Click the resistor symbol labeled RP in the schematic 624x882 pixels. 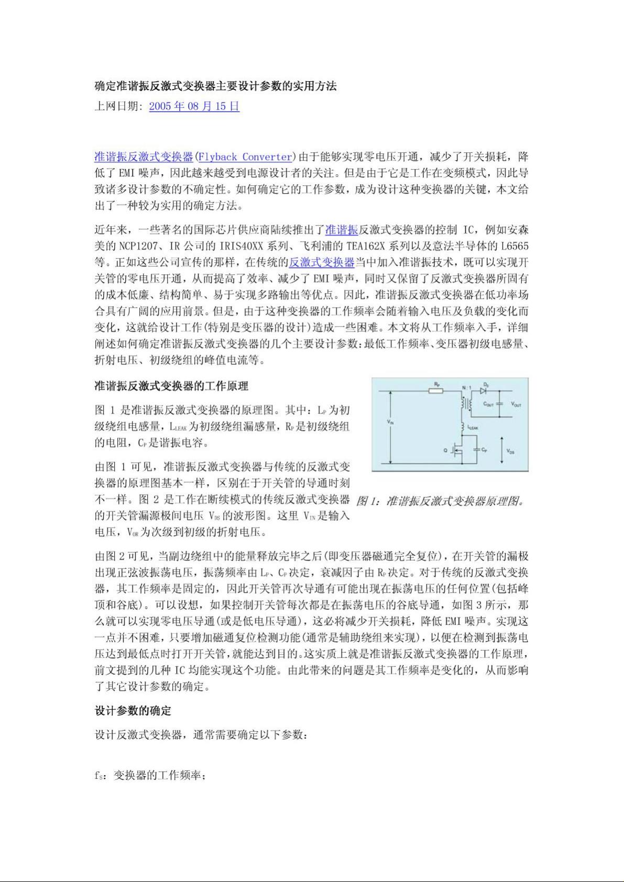tap(436, 390)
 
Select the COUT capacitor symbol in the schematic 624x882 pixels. tap(499, 404)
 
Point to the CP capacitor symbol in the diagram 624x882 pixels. tap(476, 449)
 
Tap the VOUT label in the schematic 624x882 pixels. tap(516, 404)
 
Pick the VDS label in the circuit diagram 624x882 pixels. tap(511, 451)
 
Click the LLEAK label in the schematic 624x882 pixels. tap(472, 427)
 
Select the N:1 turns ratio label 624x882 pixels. tap(466, 387)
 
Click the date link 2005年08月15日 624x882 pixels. tap(194, 106)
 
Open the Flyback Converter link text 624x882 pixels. tap(245, 157)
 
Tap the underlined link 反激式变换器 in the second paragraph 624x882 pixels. tap(322, 262)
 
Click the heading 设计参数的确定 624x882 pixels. tap(133, 711)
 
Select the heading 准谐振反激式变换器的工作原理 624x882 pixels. tap(171, 386)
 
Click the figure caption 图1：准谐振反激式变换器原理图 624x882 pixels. tap(440, 501)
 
